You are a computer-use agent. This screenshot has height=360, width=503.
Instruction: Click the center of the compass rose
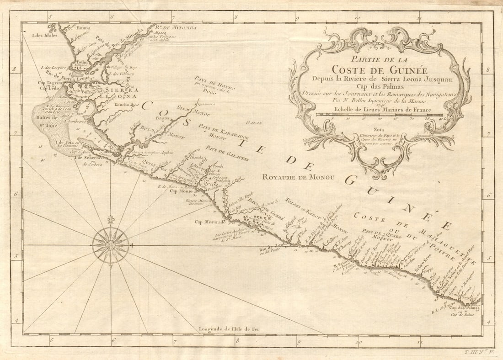tap(111, 245)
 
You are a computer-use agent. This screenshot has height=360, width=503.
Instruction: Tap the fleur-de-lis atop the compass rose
tap(110, 220)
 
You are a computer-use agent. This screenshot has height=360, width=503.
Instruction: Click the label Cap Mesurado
tap(208, 222)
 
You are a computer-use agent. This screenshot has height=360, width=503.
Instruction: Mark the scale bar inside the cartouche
tap(380, 115)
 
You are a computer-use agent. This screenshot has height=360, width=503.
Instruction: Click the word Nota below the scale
tap(379, 129)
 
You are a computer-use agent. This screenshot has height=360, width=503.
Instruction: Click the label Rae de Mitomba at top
tap(179, 28)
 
